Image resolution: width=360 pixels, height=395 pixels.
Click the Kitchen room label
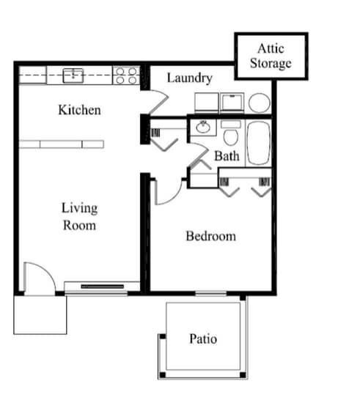tap(79, 111)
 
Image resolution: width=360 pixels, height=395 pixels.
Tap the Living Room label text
tap(78, 217)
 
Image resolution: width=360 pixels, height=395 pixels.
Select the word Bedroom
tap(210, 236)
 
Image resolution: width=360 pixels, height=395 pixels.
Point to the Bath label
tap(227, 156)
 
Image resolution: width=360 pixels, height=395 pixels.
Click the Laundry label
tap(189, 78)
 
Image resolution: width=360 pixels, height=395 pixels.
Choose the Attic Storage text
tap(271, 56)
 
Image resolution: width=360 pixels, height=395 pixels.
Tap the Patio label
tap(203, 339)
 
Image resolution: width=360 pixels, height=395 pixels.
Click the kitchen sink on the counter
tap(73, 75)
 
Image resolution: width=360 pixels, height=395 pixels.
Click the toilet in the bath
tap(230, 135)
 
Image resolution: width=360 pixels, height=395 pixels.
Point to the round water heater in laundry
tap(258, 103)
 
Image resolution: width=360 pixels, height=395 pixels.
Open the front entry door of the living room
tap(40, 278)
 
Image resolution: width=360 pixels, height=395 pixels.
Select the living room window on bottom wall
tap(102, 286)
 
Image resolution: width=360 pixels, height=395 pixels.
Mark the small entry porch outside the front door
tap(40, 314)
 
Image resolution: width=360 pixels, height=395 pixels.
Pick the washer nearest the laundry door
tap(206, 102)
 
